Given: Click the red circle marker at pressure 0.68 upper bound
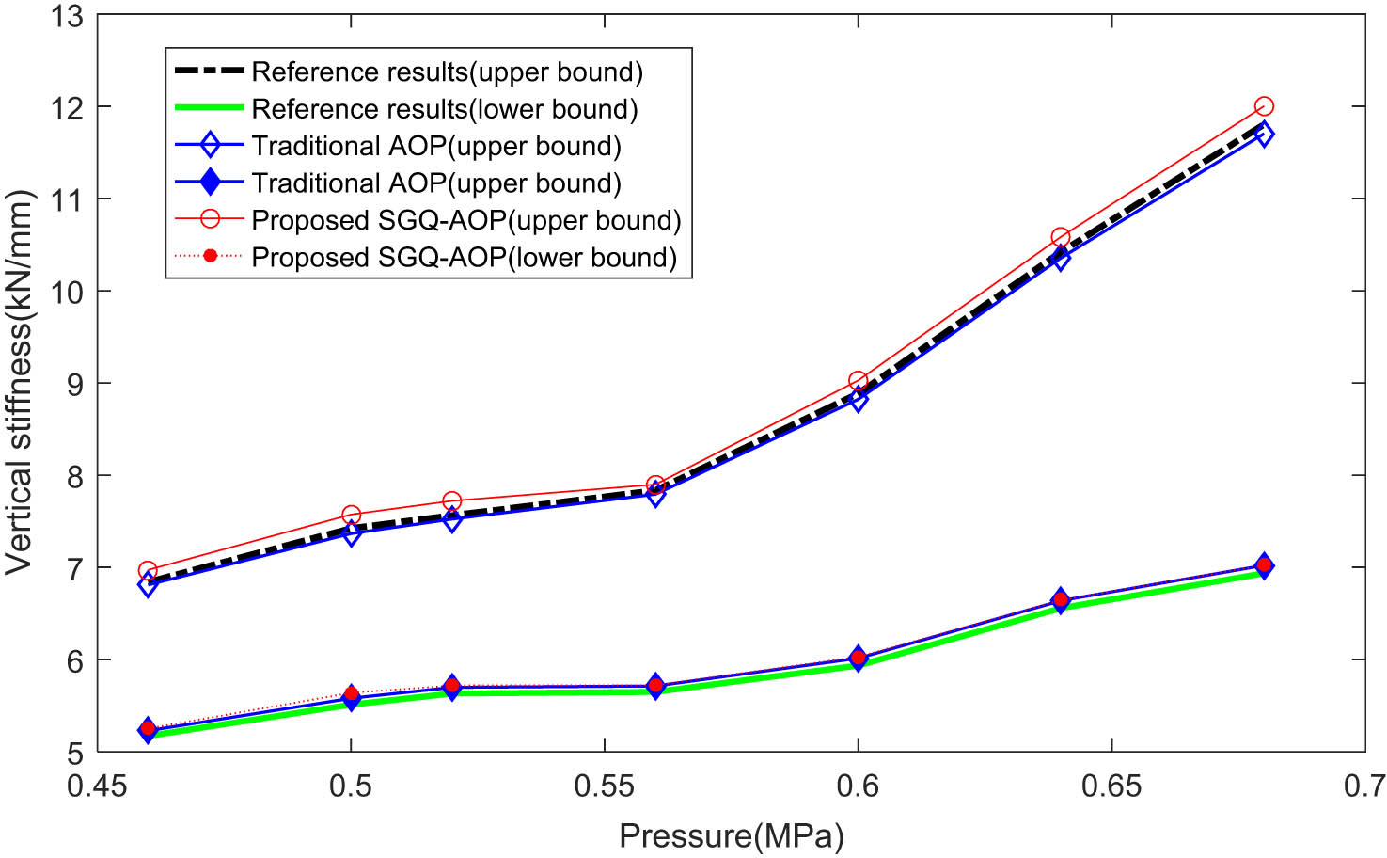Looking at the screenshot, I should [1264, 106].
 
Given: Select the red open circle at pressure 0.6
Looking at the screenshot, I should [858, 381].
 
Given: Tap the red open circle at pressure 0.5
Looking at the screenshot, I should [351, 515].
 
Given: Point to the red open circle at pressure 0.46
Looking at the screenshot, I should [148, 571].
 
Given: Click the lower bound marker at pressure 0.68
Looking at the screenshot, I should [1264, 565].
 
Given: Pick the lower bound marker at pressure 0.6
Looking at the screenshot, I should [858, 658].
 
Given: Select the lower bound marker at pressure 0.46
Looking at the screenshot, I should [148, 729].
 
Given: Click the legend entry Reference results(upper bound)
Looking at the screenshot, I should [447, 72].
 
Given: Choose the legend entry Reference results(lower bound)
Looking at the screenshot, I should [444, 109].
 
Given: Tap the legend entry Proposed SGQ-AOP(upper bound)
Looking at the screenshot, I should [465, 220].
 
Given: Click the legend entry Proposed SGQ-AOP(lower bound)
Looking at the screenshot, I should [464, 258].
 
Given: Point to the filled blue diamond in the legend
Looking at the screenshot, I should [210, 183].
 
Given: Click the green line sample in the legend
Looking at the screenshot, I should [210, 109].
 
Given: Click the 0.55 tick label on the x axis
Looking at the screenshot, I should [604, 786].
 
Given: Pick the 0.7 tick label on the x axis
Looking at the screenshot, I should [1363, 786].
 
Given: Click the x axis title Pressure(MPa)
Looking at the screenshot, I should [731, 835].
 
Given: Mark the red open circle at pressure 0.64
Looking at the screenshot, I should [1061, 237].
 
